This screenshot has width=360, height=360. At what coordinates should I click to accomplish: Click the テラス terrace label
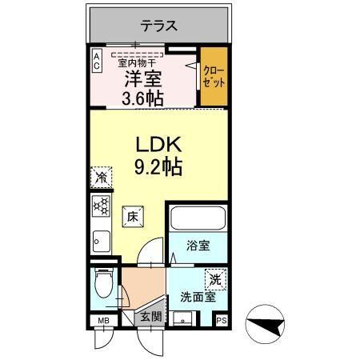tap(159, 25)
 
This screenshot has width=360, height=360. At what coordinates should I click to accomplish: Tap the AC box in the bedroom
tap(96, 61)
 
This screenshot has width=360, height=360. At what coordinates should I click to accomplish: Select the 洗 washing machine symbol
tap(214, 279)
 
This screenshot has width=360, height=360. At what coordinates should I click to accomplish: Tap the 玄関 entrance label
tap(152, 316)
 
